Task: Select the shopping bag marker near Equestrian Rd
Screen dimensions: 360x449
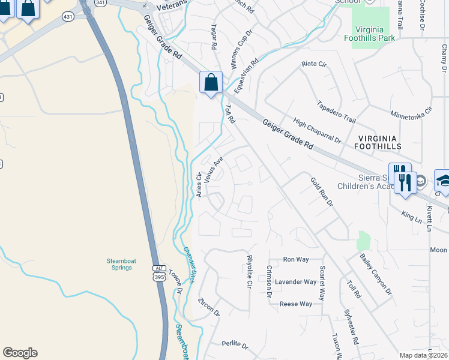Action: (211, 83)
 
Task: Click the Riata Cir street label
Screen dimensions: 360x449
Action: (313, 63)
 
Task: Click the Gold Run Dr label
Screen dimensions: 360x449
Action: (322, 191)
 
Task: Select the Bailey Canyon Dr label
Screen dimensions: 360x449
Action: (376, 274)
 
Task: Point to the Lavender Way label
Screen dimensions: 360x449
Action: (295, 282)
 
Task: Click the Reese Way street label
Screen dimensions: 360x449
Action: (296, 304)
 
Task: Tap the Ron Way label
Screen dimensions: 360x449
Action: (295, 259)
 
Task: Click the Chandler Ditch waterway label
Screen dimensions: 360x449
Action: (189, 266)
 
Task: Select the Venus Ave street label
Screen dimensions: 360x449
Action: (214, 170)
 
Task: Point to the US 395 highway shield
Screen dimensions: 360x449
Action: (158, 272)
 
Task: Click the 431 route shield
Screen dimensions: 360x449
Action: (68, 17)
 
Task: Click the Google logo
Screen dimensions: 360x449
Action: (20, 353)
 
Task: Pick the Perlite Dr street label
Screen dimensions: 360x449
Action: (235, 344)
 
